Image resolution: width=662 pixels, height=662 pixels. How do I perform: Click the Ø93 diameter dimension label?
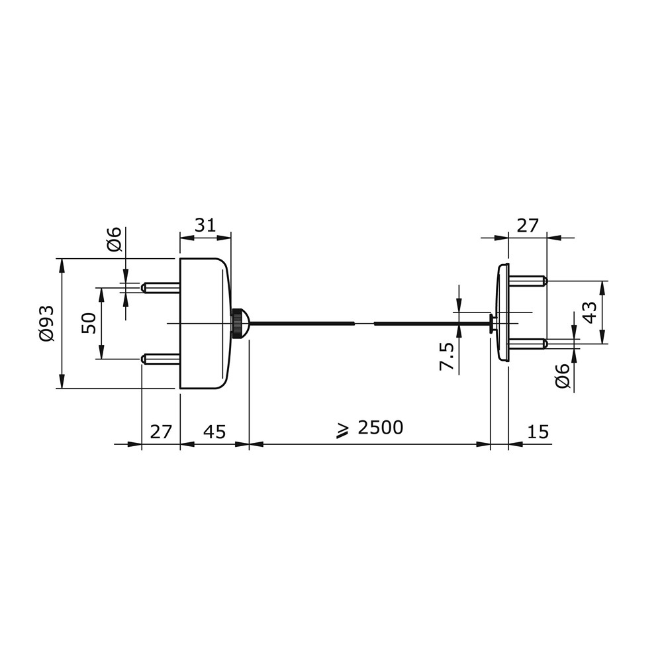[x=46, y=323]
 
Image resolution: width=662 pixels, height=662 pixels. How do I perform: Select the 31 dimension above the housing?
[x=205, y=226]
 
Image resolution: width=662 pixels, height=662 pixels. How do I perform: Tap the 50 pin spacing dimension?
[x=89, y=323]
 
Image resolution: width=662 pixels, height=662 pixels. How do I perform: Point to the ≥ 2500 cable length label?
[x=370, y=428]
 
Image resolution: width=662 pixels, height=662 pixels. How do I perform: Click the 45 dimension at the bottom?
[x=215, y=432]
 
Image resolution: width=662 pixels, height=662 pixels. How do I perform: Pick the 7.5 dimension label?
[x=447, y=356]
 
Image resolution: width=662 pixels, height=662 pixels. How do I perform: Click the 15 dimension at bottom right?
[x=538, y=432]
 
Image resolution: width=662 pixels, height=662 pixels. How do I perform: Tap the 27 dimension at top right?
[x=528, y=226]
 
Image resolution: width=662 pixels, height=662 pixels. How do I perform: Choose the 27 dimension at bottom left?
[x=162, y=432]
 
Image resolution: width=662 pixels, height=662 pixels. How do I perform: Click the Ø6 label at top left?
[x=114, y=239]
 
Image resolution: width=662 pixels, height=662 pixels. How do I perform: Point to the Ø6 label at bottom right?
[x=562, y=375]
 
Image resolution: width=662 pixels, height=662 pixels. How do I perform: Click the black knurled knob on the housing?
[x=240, y=324]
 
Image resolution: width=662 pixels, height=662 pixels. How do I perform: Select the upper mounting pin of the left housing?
[x=161, y=288]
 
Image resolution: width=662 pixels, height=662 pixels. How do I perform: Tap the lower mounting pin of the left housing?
[x=161, y=359]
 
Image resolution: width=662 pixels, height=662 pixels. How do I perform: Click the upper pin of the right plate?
[x=528, y=281]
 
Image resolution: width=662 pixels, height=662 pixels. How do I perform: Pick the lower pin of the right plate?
[x=528, y=344]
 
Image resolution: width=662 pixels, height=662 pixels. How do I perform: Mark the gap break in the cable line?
[x=364, y=324]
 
